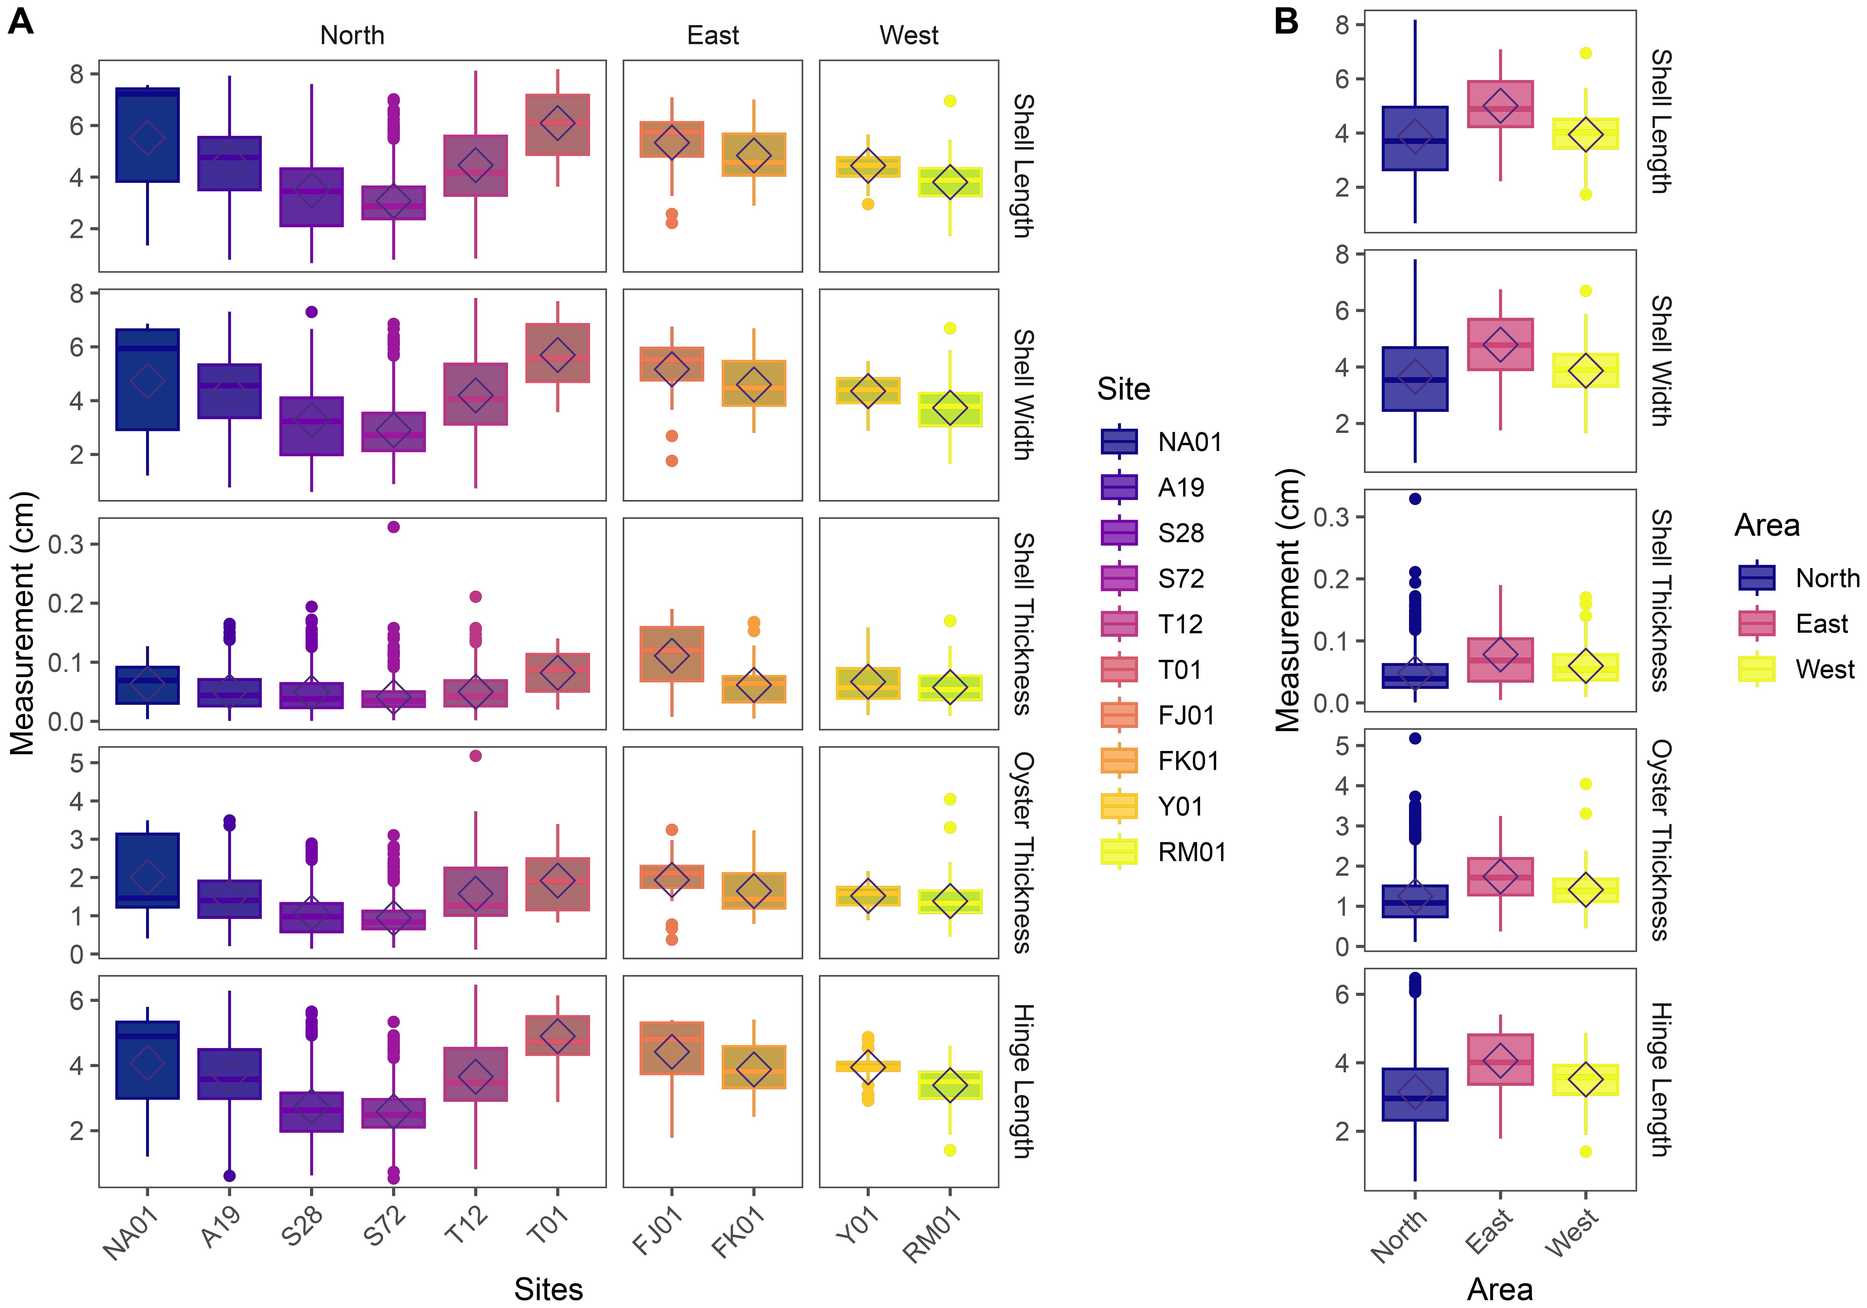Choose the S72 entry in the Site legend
(x=1181, y=579)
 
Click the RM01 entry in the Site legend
(x=1191, y=852)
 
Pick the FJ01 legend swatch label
(x=1186, y=715)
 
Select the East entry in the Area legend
(x=1821, y=624)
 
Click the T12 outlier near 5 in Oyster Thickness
(x=476, y=756)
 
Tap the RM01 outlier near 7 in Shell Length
(x=950, y=101)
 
